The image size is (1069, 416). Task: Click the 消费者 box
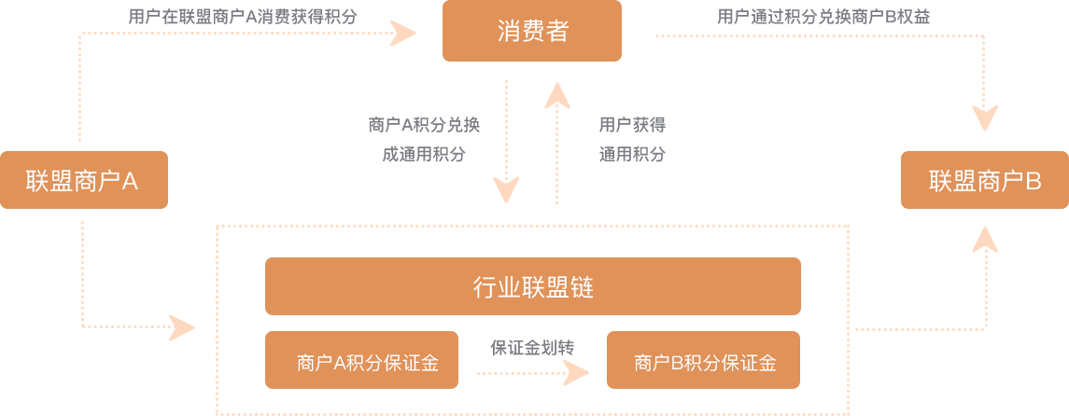click(531, 31)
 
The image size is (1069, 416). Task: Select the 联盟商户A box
click(84, 180)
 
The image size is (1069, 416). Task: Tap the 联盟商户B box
click(983, 180)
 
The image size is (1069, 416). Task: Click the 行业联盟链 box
click(532, 286)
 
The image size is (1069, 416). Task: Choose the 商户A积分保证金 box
click(360, 360)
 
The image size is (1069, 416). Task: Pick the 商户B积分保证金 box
click(702, 360)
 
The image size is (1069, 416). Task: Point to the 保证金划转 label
click(532, 348)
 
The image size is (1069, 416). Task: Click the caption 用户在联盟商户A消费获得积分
click(243, 16)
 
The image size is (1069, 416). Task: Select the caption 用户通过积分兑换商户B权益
click(823, 16)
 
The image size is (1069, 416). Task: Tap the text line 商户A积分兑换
click(424, 125)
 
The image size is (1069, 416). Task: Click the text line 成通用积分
click(424, 154)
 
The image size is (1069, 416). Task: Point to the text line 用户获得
click(632, 125)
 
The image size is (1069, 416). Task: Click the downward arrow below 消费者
click(507, 140)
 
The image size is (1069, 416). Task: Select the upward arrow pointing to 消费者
click(557, 140)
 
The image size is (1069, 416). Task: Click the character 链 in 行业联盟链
click(582, 287)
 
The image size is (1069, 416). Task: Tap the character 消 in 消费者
click(507, 32)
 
